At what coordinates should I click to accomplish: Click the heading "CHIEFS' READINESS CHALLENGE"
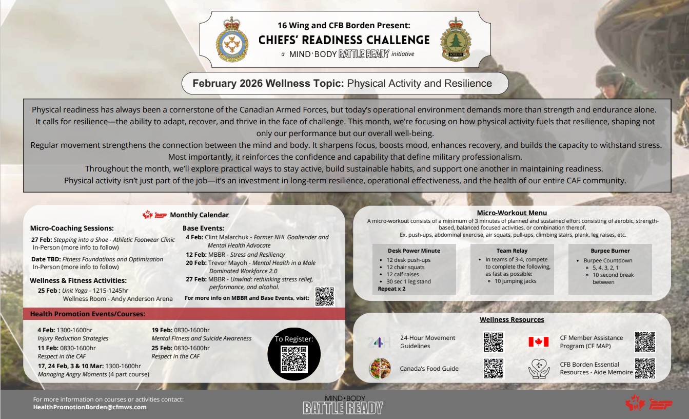[x=344, y=40]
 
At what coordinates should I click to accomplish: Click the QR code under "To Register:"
[x=294, y=359]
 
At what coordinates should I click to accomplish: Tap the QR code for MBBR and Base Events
[x=324, y=297]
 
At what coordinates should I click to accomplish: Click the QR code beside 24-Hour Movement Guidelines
[x=493, y=342]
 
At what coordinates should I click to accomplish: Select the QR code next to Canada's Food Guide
[x=493, y=369]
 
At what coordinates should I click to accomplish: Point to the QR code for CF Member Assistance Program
[x=645, y=342]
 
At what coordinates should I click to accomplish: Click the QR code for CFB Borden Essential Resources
[x=645, y=368]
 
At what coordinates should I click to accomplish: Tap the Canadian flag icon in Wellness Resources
[x=539, y=342]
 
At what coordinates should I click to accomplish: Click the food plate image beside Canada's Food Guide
[x=380, y=369]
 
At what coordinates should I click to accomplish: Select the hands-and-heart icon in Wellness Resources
[x=539, y=369]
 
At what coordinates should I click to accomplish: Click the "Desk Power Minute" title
[x=414, y=251]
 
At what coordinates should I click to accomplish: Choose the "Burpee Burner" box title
[x=610, y=251]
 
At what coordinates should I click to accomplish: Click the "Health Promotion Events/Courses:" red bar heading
[x=88, y=314]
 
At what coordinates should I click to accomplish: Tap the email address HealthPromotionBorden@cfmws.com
[x=90, y=407]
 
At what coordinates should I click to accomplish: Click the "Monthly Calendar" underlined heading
[x=199, y=215]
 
